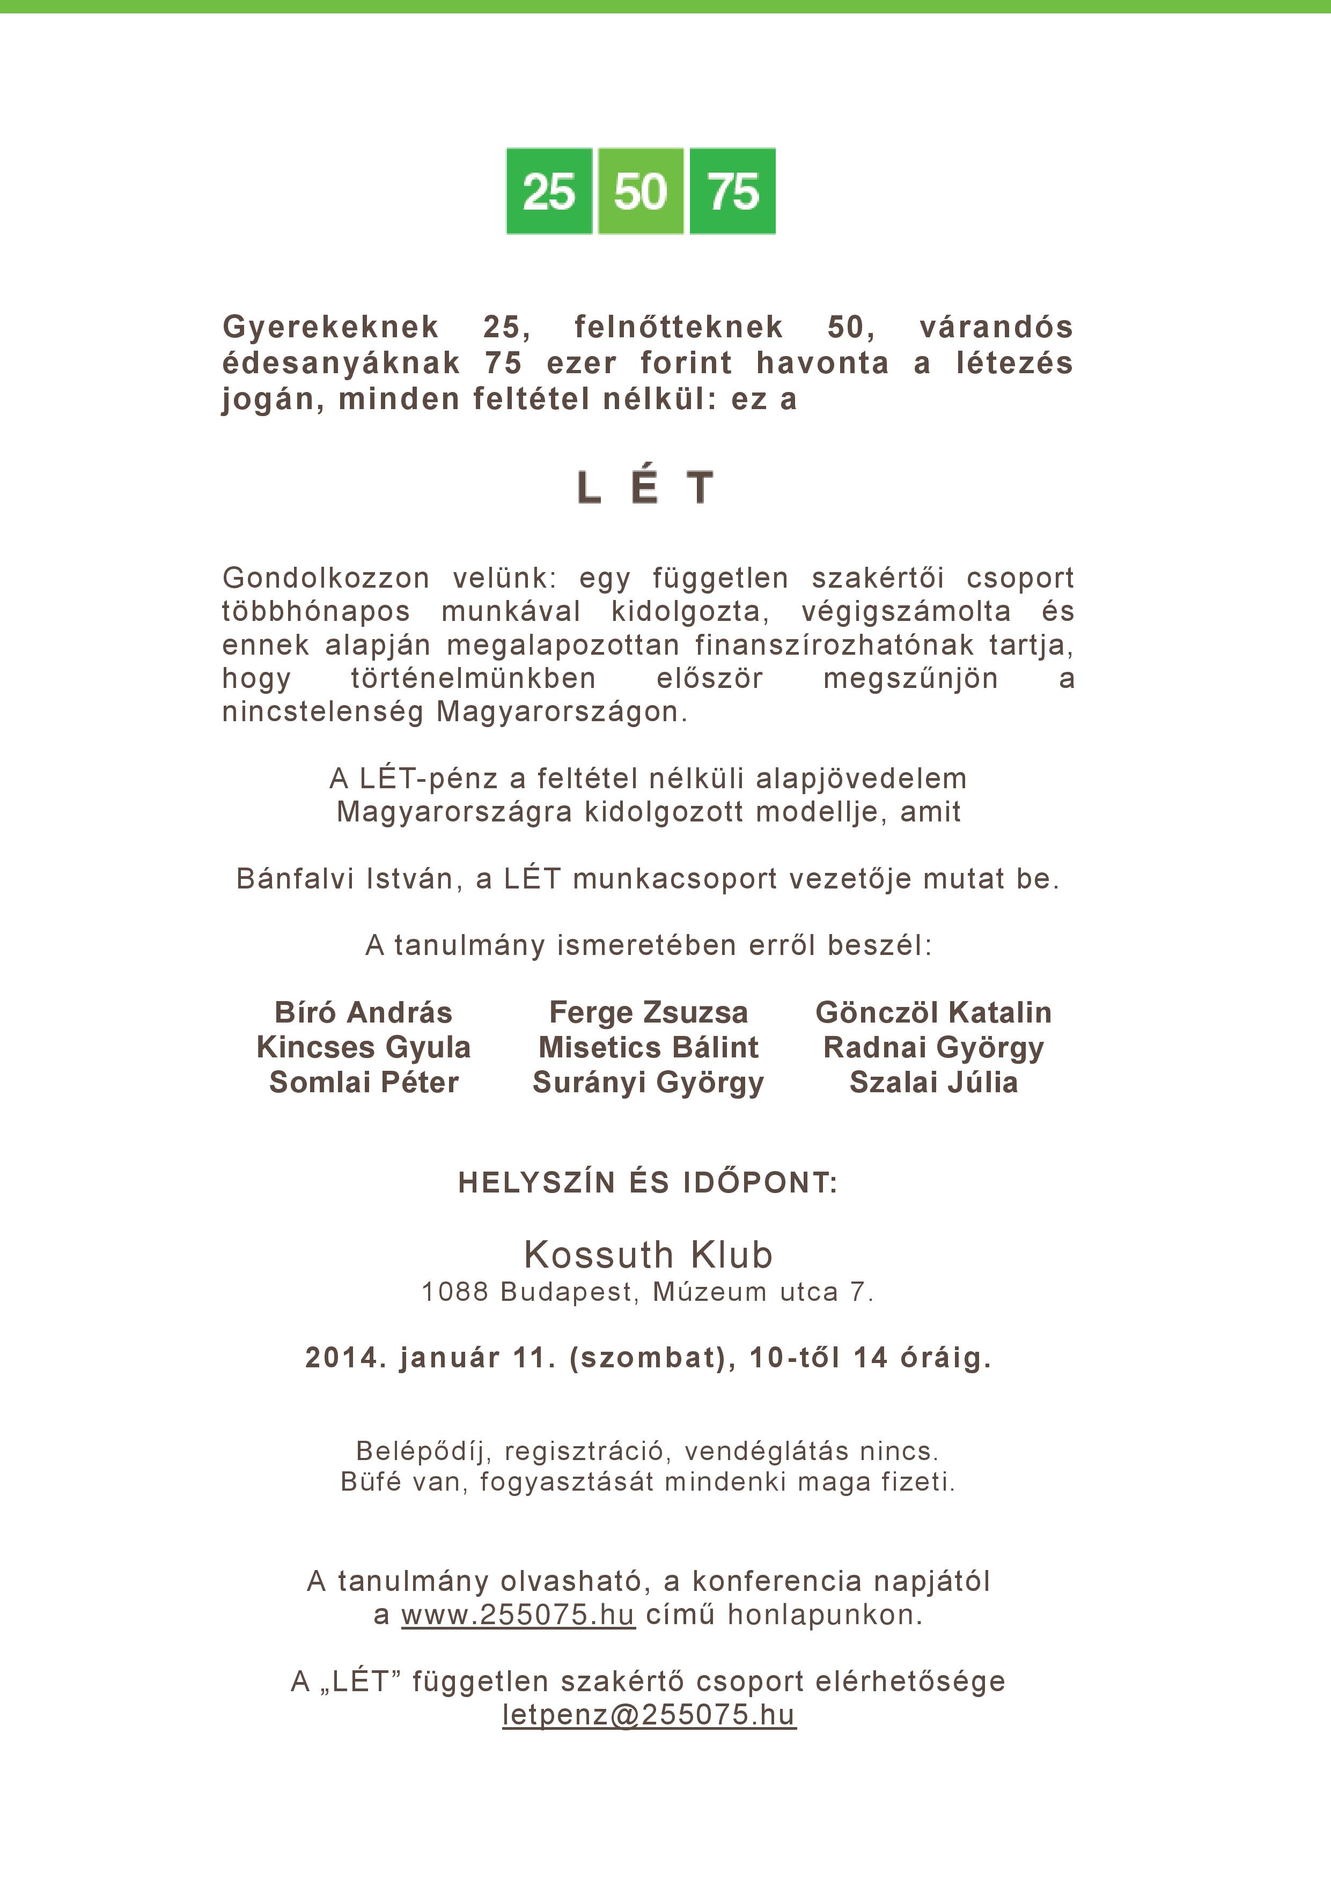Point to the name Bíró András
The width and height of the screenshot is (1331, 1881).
(363, 1012)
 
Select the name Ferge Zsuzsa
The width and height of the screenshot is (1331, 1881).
(648, 1012)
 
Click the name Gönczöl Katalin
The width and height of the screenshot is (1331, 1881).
(933, 1012)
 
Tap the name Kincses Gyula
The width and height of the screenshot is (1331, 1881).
(363, 1048)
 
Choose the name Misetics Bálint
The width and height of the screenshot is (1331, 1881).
(648, 1048)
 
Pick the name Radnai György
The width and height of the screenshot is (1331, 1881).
(933, 1048)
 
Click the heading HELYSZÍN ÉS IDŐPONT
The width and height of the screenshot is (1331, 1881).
(648, 1182)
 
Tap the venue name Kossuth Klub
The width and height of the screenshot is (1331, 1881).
(648, 1255)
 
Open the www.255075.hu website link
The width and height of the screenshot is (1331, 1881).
(518, 1615)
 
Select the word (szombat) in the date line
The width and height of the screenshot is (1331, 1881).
(652, 1358)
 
